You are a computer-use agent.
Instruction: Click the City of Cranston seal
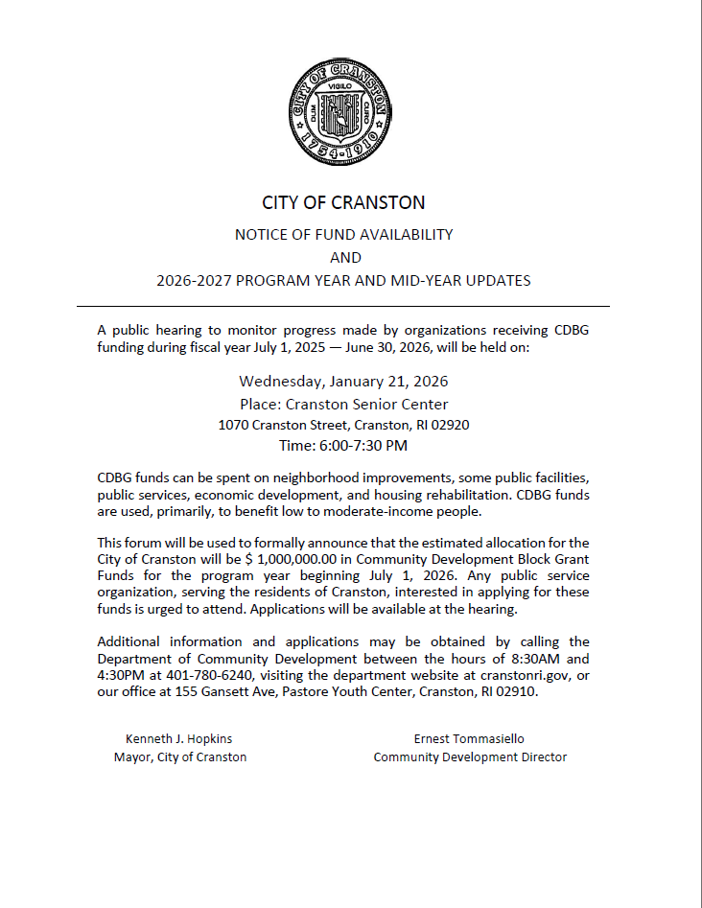tap(343, 110)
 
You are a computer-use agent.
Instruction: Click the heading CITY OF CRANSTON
tap(343, 202)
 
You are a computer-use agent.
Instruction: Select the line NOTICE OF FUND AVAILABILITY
tap(343, 234)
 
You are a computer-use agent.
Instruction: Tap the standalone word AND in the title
tap(345, 257)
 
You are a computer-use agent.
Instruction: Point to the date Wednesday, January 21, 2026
tap(343, 381)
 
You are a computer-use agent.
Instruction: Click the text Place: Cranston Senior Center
tap(343, 404)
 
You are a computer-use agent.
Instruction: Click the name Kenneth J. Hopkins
tap(179, 738)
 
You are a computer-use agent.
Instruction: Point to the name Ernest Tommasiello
tap(469, 738)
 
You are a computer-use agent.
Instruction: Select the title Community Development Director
tap(470, 757)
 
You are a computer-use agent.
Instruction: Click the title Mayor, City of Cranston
tap(179, 757)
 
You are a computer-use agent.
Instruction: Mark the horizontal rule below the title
tap(343, 306)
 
